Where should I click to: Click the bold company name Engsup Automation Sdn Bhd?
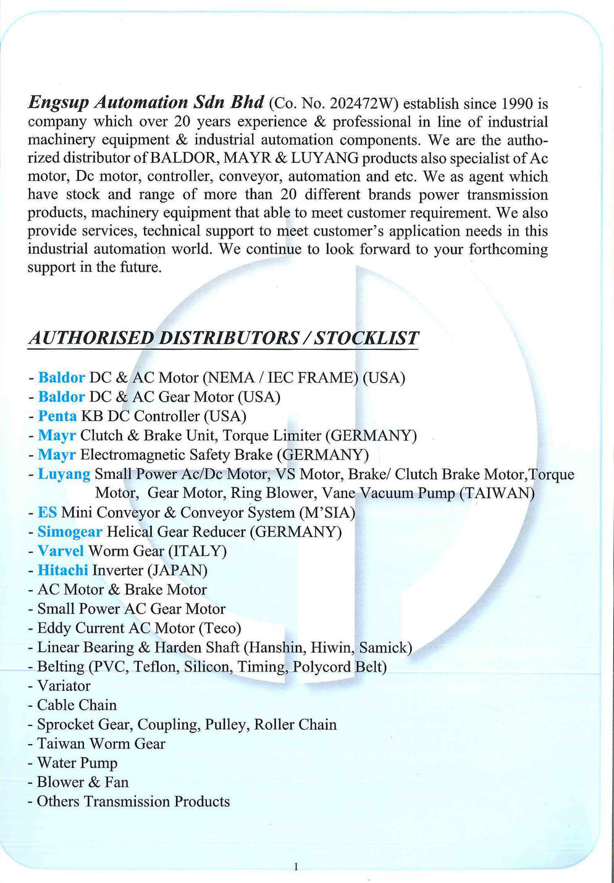tap(146, 103)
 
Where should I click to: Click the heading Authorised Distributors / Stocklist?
tap(223, 338)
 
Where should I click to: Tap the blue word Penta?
tap(57, 416)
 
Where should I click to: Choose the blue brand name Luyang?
tap(64, 474)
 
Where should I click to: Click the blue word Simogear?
tap(70, 531)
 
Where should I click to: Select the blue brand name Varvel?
tap(61, 551)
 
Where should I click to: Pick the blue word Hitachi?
tap(62, 570)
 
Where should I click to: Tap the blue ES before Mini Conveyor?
tap(47, 512)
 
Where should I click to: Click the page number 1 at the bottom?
tap(296, 866)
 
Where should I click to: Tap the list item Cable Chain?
tap(77, 705)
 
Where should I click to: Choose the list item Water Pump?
tap(77, 763)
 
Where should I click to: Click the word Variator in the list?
tap(64, 686)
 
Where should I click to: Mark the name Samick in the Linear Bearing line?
tap(385, 647)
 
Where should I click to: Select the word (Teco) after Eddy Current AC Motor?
tap(219, 628)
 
